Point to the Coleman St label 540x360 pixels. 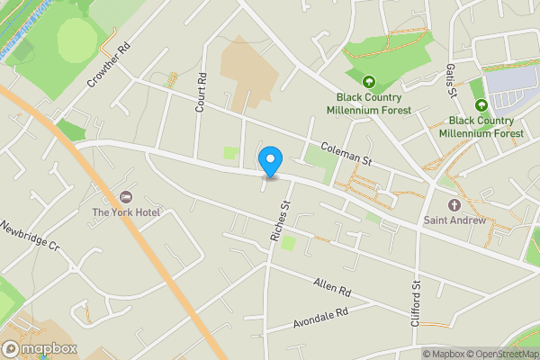[346, 154]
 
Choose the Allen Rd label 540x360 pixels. [331, 287]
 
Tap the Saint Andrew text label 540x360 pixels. [454, 220]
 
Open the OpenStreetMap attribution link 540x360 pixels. [500, 354]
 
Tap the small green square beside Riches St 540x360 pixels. [288, 243]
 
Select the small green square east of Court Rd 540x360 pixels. [232, 154]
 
